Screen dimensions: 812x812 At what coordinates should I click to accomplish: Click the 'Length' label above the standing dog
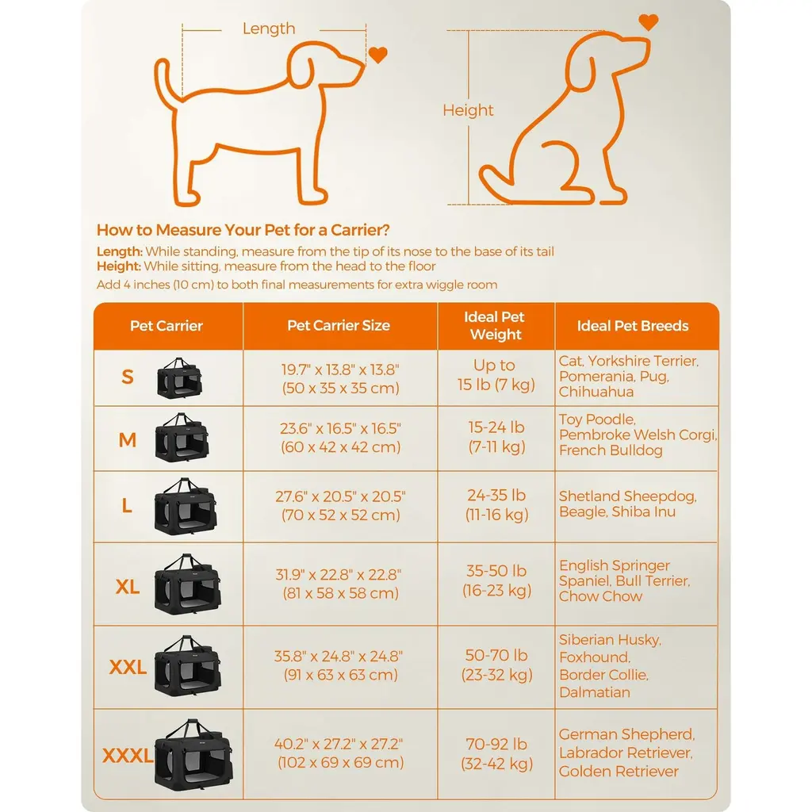tap(269, 29)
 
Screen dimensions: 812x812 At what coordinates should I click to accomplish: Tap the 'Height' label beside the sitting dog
tap(468, 110)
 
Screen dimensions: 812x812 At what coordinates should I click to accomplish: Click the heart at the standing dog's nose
tap(378, 55)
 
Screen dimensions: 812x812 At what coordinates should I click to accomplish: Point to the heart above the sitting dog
tap(649, 22)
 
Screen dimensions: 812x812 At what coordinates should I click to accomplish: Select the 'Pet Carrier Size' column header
tap(339, 325)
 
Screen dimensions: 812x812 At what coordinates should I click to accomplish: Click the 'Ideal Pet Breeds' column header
tap(633, 326)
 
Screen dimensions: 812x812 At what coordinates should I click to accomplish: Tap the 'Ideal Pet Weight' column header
tap(495, 326)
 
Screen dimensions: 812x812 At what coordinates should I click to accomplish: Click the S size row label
tap(128, 377)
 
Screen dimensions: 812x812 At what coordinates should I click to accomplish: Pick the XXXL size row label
tap(128, 756)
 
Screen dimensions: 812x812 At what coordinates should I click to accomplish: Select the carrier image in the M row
tap(182, 438)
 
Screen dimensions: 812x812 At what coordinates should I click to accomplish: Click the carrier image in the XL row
tap(188, 584)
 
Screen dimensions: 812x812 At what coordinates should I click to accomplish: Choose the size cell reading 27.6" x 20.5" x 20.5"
tap(340, 505)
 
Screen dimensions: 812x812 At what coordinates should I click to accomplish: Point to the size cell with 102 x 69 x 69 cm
tap(340, 753)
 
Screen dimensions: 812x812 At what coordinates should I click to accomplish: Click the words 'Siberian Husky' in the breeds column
tap(610, 640)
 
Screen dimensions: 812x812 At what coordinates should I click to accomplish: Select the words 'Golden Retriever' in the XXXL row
tap(619, 771)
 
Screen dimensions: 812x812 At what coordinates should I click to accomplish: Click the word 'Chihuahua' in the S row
tap(596, 392)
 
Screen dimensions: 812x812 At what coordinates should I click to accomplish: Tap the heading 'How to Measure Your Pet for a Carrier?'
tap(243, 230)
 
